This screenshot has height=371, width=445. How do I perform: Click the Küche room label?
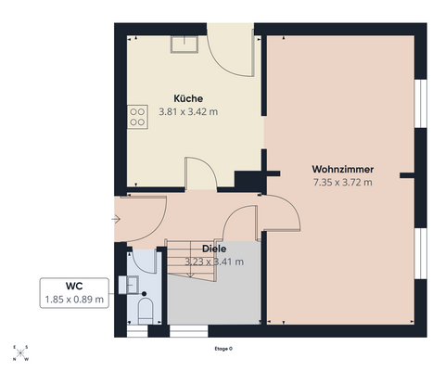(188, 98)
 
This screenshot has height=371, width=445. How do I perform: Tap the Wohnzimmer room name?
(343, 169)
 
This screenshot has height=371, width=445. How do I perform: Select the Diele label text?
(214, 249)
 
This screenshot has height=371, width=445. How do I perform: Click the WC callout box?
(74, 293)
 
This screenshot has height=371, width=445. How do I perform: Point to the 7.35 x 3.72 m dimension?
(343, 183)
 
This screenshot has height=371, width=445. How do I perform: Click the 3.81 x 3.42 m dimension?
(188, 111)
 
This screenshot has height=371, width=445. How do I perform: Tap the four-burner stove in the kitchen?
(137, 117)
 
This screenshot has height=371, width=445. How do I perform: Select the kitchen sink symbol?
(184, 45)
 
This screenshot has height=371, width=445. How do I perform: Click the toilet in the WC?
(146, 311)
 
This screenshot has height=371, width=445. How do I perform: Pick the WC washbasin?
(129, 285)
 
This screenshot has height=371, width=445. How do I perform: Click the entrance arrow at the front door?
(116, 220)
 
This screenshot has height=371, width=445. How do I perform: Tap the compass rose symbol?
(20, 352)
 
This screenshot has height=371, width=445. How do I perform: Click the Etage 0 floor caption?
(223, 349)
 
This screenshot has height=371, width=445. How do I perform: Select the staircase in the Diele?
(191, 261)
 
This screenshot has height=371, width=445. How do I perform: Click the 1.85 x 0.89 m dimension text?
(74, 300)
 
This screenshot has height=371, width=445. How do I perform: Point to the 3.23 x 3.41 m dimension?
(214, 262)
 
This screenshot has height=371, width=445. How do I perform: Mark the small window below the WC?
(137, 331)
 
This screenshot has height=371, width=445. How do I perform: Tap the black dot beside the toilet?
(144, 293)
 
